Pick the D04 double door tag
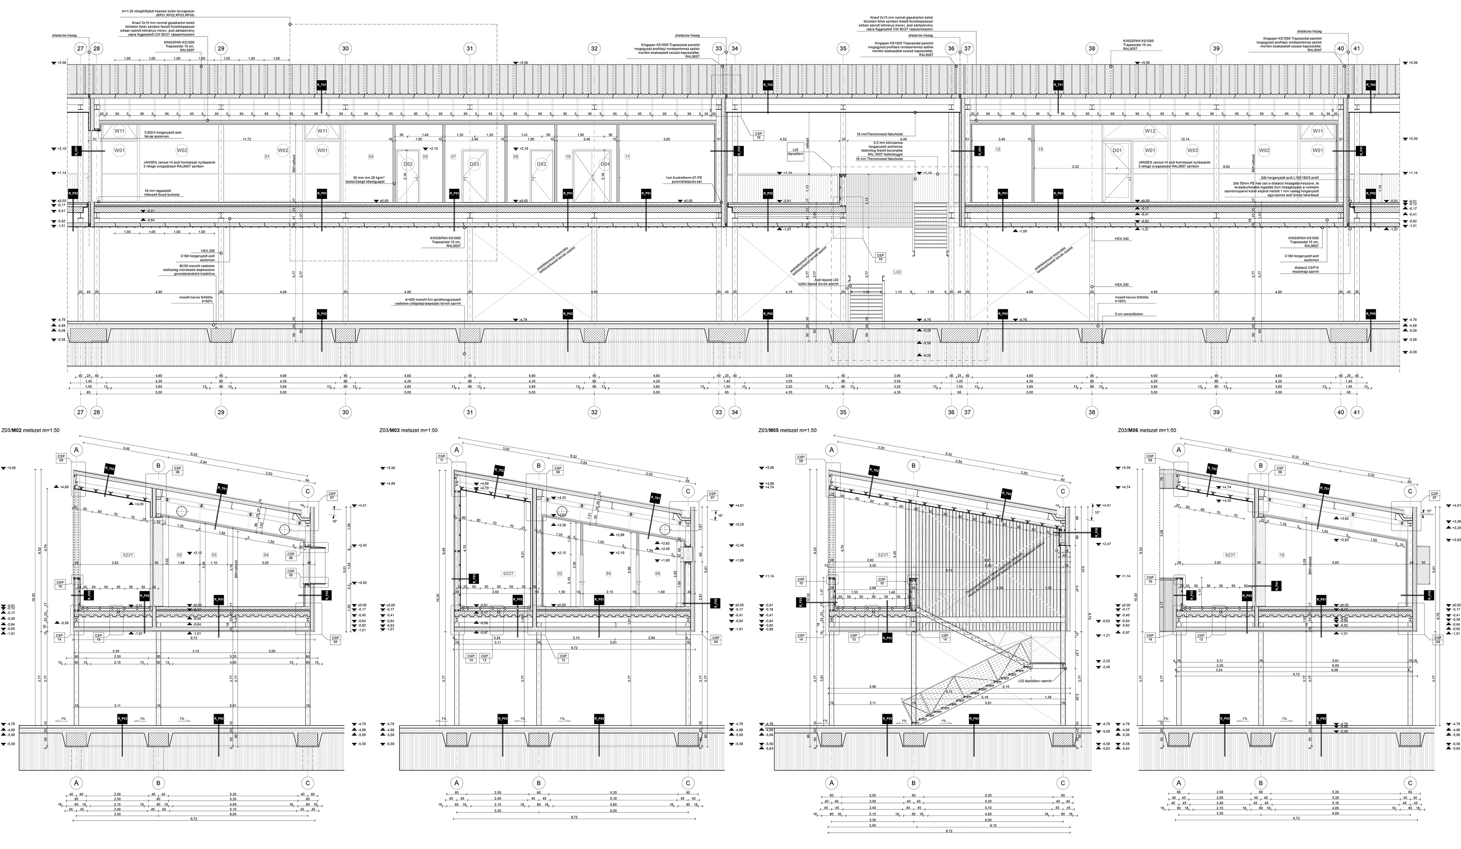(605, 164)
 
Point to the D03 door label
(474, 164)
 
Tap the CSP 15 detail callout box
(758, 136)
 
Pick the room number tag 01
(267, 157)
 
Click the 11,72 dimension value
(247, 140)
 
